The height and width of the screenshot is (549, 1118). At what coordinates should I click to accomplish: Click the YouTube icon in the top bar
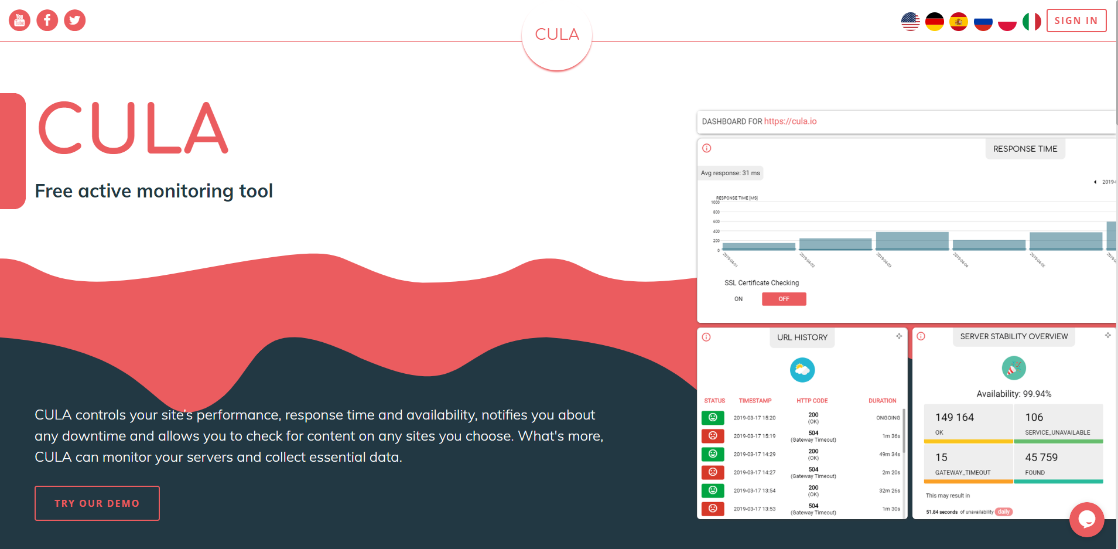pyautogui.click(x=19, y=21)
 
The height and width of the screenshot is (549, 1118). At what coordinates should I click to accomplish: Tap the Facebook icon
pyautogui.click(x=47, y=21)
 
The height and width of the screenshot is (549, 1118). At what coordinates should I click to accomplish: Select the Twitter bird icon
pyautogui.click(x=75, y=21)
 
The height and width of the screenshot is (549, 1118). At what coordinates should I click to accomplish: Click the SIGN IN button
pyautogui.click(x=1076, y=21)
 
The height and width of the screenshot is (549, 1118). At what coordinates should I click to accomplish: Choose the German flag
pyautogui.click(x=935, y=22)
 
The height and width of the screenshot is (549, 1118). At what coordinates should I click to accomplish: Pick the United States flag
pyautogui.click(x=911, y=22)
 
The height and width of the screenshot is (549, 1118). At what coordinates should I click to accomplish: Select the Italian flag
pyautogui.click(x=1031, y=22)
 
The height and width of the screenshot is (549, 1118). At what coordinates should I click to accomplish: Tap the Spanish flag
pyautogui.click(x=959, y=22)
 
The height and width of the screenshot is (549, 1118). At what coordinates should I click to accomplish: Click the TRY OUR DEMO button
pyautogui.click(x=97, y=503)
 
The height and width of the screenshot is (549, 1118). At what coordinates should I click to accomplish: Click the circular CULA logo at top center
pyautogui.click(x=557, y=35)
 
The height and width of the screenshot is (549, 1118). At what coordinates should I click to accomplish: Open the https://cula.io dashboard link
pyautogui.click(x=790, y=121)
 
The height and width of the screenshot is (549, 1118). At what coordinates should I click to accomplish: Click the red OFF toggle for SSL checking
pyautogui.click(x=784, y=299)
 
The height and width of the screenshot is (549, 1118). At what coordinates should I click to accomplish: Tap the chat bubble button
pyautogui.click(x=1086, y=519)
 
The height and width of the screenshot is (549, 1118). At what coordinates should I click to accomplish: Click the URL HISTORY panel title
pyautogui.click(x=802, y=337)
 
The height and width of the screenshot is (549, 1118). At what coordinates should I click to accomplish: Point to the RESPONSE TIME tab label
pyautogui.click(x=1025, y=149)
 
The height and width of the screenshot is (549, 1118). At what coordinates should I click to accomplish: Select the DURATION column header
pyautogui.click(x=882, y=401)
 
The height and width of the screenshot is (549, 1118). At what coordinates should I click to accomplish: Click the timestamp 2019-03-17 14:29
pyautogui.click(x=754, y=454)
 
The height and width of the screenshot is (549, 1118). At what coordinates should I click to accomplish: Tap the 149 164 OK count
pyautogui.click(x=955, y=418)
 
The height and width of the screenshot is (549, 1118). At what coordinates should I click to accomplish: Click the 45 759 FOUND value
pyautogui.click(x=1041, y=458)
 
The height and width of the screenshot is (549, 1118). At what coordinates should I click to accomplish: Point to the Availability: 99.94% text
pyautogui.click(x=1014, y=394)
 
